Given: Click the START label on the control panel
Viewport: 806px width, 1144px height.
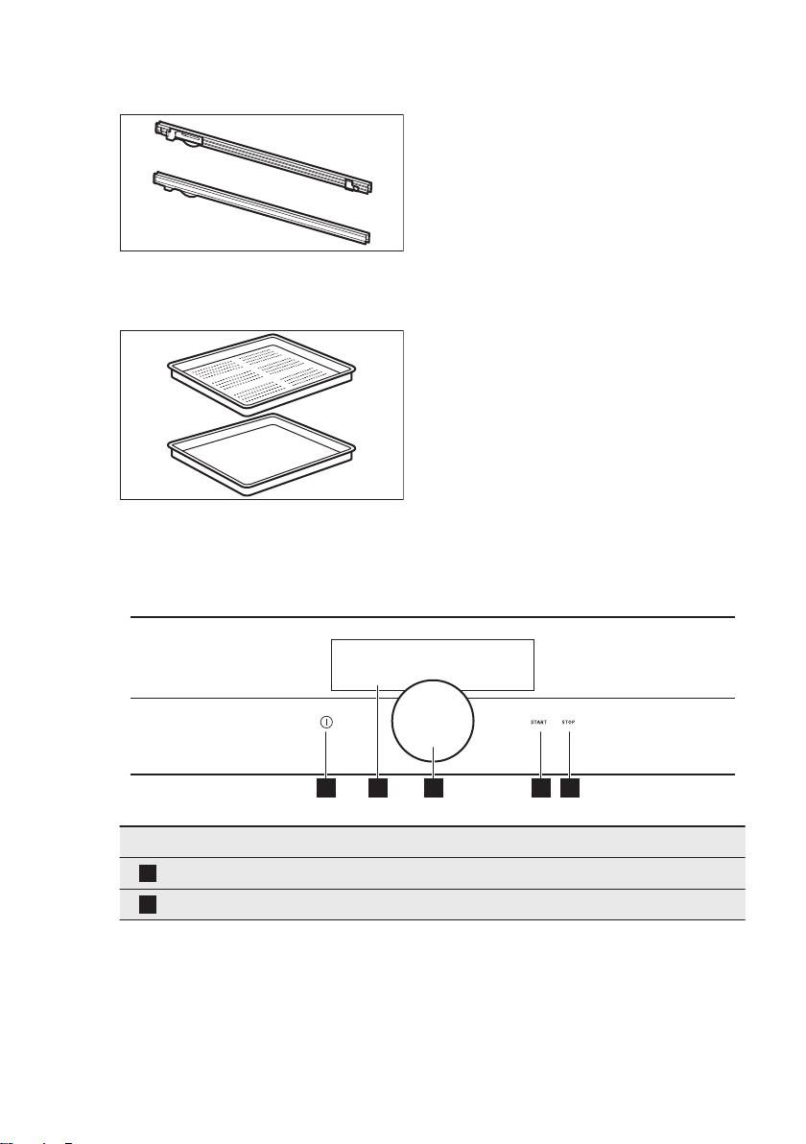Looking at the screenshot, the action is click(538, 723).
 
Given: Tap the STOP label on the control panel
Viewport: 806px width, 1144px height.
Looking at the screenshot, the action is click(569, 723).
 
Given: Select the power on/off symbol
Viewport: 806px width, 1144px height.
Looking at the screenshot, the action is click(326, 723).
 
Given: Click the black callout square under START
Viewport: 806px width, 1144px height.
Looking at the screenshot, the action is click(540, 789).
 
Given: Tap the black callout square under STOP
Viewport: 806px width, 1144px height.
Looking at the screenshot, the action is click(570, 789).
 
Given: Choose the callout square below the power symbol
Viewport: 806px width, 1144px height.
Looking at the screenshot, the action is click(326, 789).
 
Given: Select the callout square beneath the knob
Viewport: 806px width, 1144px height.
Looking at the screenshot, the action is click(434, 789).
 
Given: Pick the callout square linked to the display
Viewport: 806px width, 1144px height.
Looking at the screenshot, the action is click(378, 789).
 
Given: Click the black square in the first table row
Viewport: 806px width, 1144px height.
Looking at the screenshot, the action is click(148, 873).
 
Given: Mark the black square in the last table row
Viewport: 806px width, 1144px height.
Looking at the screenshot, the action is click(148, 905).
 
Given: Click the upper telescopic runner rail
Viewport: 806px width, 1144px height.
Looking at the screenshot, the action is click(263, 155).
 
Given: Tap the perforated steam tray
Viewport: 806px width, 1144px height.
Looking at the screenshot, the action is click(262, 376).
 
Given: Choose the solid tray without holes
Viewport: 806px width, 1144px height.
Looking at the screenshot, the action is click(262, 454).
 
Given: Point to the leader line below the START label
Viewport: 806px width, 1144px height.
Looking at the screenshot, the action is click(540, 753).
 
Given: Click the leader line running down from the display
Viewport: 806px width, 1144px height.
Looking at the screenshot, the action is click(378, 732).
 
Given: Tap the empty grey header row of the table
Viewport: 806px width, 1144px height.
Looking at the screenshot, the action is click(432, 842).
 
